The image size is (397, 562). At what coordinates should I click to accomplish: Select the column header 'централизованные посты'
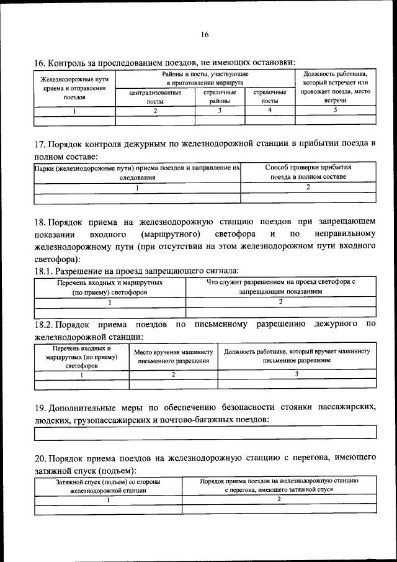(x=155, y=97)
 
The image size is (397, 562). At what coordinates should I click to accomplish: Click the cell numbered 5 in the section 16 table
(x=335, y=111)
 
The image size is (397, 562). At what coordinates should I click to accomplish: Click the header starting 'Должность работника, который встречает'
(x=335, y=87)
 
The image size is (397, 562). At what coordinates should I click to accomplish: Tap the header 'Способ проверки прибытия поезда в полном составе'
(x=308, y=172)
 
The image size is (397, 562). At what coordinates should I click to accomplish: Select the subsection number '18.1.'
(x=43, y=271)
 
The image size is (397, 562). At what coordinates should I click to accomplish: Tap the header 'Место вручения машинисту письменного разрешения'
(x=173, y=356)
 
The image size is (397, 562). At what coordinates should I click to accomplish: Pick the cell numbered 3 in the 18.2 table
(x=297, y=374)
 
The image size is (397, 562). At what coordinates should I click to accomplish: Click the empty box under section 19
(x=205, y=432)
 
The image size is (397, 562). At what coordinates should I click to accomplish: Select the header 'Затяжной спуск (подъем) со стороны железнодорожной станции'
(x=109, y=486)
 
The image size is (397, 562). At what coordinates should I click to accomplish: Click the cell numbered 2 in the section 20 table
(x=279, y=499)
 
